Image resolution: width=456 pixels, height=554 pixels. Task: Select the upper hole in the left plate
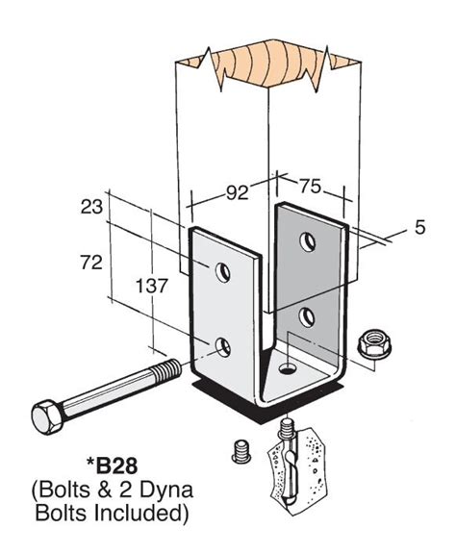(x=222, y=274)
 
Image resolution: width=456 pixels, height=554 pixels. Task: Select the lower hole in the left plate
(x=222, y=346)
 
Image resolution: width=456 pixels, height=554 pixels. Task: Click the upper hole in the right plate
(x=308, y=240)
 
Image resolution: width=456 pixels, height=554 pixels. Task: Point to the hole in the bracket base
(x=288, y=368)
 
